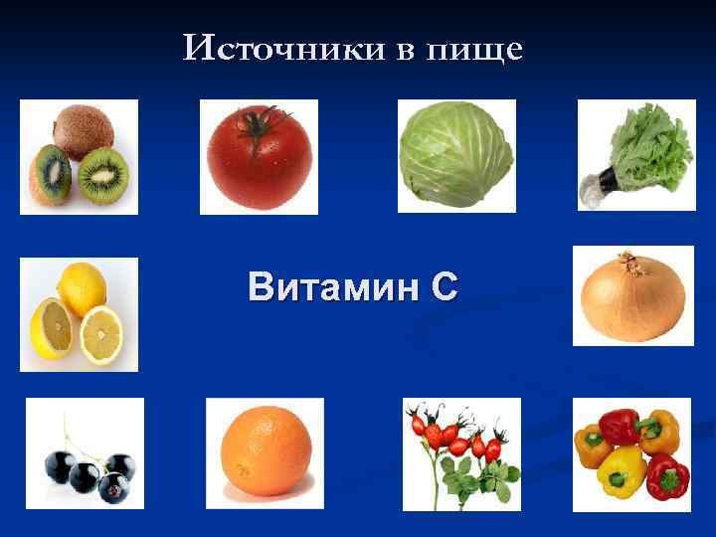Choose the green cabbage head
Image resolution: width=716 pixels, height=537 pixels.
[x=455, y=157]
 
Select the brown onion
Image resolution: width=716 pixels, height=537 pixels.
[x=631, y=297]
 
